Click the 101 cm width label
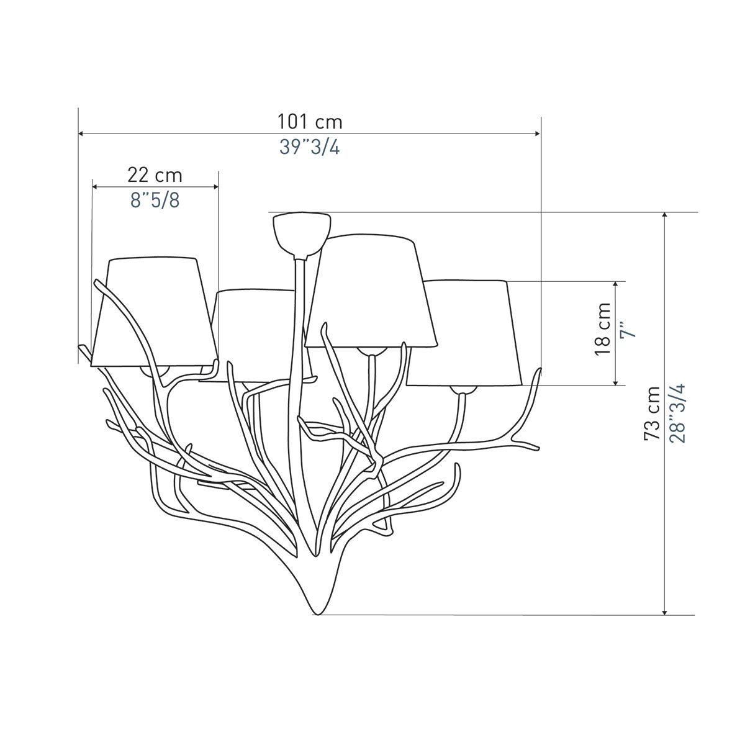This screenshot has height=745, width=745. point(310,122)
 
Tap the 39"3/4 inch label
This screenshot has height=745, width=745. point(310,147)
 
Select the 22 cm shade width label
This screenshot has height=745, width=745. point(155,175)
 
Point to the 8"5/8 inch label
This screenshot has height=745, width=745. point(155,201)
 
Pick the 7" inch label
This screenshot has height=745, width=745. point(628,329)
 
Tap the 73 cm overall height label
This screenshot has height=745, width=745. point(652,413)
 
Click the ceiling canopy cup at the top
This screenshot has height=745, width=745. point(302,234)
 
